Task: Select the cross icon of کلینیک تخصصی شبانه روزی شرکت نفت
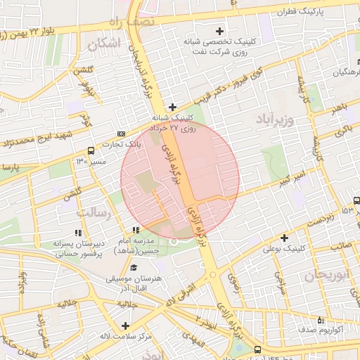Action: point(221,31)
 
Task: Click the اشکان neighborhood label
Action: point(104,44)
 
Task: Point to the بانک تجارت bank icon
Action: point(122,133)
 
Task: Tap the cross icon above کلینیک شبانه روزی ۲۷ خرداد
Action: point(173,107)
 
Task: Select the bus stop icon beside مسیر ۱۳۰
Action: point(91,150)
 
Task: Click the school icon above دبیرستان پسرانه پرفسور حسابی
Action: point(77,233)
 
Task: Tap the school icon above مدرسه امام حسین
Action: point(136,230)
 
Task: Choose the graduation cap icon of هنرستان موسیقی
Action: point(134,267)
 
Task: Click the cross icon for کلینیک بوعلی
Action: point(284,238)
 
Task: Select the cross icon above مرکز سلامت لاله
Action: point(125,325)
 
